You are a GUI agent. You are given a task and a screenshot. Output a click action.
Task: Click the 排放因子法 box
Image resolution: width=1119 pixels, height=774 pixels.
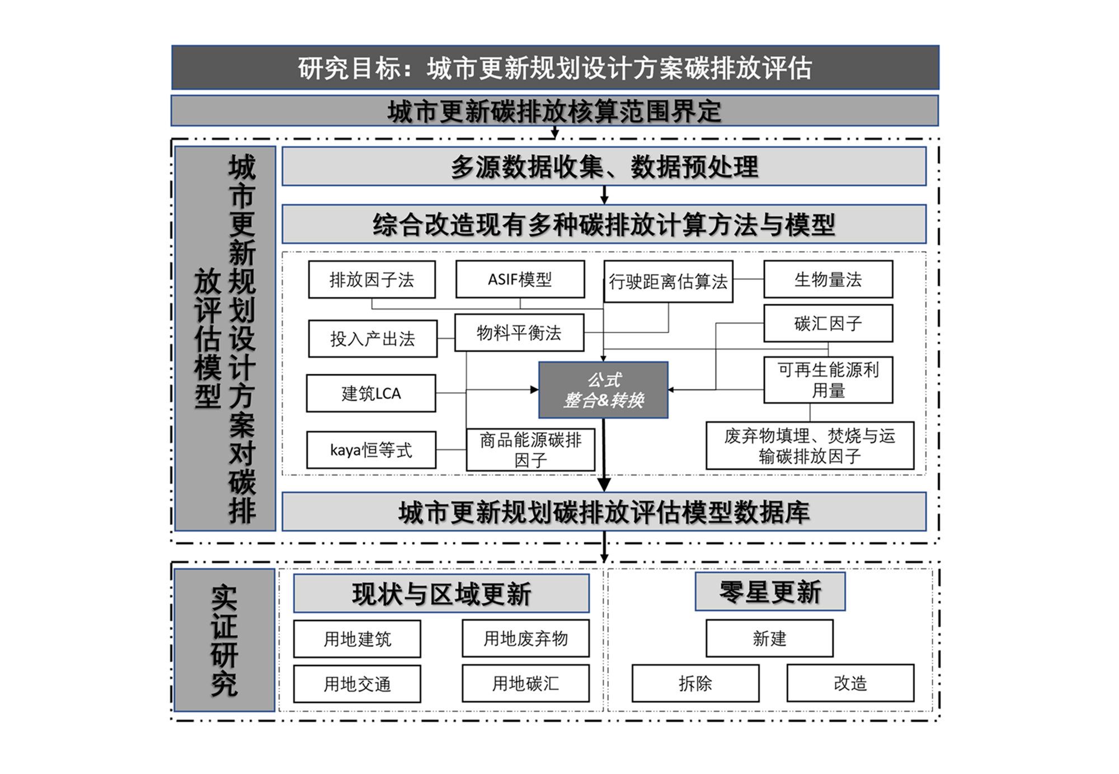372,279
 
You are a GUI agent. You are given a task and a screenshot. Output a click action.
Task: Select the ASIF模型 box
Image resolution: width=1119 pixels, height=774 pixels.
520,279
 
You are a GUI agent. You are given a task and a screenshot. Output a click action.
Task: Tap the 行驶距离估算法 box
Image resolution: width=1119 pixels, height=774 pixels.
668,281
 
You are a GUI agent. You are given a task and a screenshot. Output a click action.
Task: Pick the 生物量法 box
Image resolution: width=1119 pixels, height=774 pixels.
828,279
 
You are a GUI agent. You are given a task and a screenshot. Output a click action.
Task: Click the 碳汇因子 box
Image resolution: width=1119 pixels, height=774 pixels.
828,323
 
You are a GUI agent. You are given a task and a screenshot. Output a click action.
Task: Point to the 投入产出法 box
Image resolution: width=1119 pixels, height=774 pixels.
373,338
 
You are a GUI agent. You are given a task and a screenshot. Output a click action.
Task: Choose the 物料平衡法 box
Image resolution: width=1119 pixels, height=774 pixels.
519,333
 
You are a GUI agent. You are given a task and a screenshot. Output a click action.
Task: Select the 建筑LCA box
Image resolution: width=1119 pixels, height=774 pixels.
371,393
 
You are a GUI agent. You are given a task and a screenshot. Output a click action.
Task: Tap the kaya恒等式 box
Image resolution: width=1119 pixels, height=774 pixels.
371,450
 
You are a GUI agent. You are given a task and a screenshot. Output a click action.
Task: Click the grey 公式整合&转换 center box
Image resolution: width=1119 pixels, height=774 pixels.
603,390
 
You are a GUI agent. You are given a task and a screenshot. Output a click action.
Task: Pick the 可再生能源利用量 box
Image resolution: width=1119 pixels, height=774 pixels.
828,380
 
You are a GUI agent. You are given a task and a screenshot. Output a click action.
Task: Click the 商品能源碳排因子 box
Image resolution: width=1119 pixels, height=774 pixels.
530,450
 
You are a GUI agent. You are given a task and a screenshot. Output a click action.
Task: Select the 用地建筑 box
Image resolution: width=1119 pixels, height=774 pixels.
357,638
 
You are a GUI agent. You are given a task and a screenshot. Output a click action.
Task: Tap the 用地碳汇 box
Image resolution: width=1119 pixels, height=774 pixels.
525,683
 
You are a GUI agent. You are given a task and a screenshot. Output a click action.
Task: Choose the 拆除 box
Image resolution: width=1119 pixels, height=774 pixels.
695,683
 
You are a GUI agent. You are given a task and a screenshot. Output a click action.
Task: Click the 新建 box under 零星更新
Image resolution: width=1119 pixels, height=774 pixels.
769,638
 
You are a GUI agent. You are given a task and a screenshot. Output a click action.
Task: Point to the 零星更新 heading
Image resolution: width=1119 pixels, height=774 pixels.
770,592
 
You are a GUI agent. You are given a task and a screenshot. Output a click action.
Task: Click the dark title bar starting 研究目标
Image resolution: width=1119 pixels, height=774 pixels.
555,68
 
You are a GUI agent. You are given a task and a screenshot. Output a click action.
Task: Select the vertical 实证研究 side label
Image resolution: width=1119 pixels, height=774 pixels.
224,640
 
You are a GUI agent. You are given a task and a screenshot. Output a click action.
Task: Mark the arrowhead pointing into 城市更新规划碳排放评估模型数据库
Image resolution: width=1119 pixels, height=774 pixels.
604,484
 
